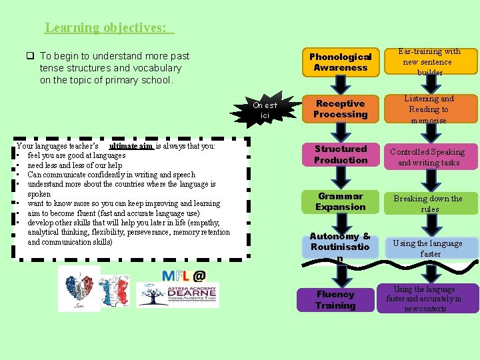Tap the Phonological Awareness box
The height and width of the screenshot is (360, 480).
click(x=340, y=62)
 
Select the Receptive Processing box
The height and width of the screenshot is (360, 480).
click(x=340, y=109)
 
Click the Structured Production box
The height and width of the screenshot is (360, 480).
click(x=340, y=155)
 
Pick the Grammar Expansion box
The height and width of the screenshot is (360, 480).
click(x=340, y=201)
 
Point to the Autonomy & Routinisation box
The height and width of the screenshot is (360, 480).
click(x=340, y=247)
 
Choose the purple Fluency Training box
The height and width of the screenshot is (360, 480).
click(x=335, y=300)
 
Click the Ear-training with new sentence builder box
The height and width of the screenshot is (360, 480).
click(x=429, y=61)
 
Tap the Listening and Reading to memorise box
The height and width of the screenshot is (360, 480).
click(x=429, y=109)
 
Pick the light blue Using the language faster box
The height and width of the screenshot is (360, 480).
click(x=429, y=248)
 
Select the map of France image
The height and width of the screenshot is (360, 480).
click(x=117, y=289)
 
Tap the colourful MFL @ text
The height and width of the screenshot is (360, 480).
click(x=184, y=274)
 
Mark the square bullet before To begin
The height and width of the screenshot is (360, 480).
click(x=31, y=56)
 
